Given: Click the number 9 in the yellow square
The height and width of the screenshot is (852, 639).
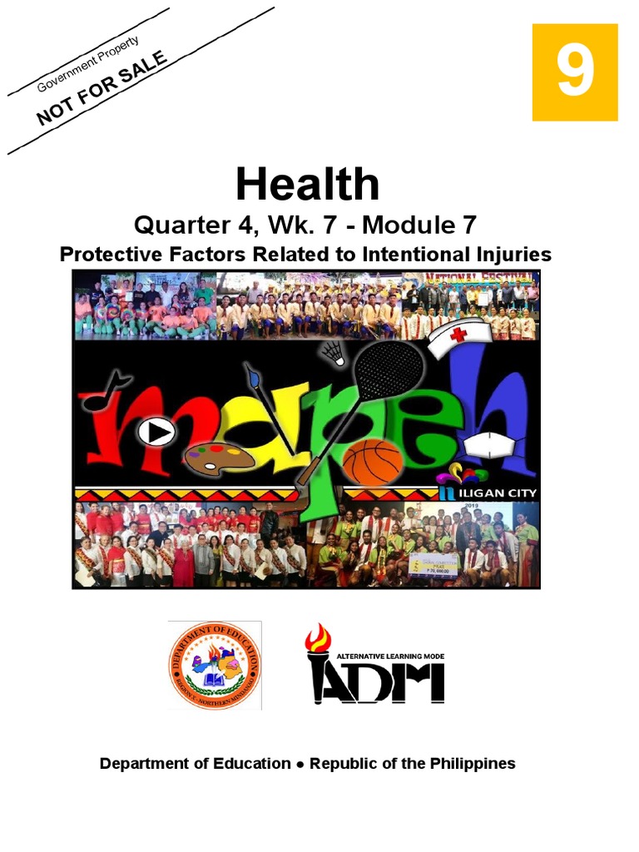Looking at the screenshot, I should (575, 72).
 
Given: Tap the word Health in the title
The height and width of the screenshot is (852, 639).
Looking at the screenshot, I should (307, 184).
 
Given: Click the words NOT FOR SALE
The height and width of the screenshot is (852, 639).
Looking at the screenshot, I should (102, 87).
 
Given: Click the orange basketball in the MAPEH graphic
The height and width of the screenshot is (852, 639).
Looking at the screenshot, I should (372, 463).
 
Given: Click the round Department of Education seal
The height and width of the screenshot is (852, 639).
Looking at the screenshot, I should (214, 665).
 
